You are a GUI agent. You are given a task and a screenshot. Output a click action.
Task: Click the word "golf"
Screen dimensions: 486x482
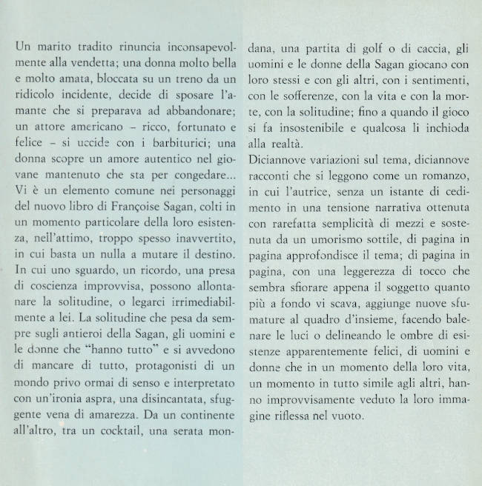[363, 46]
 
